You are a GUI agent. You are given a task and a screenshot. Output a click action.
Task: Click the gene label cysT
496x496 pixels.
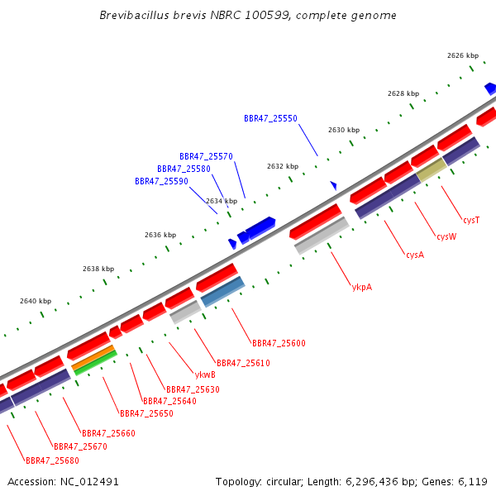[471, 220]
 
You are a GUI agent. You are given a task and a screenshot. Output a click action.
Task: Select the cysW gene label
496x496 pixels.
[446, 236]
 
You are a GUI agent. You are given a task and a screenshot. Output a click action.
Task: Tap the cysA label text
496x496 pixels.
[415, 255]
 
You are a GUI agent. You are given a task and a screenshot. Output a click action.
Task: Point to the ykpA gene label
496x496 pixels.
[362, 287]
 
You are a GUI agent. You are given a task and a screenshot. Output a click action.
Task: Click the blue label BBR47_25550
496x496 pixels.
[270, 118]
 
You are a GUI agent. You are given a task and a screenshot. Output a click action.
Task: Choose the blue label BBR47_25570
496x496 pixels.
[206, 156]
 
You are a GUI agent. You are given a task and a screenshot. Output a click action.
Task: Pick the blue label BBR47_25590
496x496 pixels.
[161, 181]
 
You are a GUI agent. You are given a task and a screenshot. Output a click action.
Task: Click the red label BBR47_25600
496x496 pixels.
[279, 343]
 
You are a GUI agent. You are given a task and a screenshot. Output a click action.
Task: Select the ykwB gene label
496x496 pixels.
[205, 374]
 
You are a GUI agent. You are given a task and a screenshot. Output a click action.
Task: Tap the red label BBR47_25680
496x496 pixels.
[52, 460]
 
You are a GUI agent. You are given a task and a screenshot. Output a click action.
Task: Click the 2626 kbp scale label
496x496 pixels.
[463, 55]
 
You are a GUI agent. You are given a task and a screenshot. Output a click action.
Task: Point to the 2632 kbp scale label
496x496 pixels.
[283, 166]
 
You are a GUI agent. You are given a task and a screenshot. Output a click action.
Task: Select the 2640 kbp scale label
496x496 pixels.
[36, 301]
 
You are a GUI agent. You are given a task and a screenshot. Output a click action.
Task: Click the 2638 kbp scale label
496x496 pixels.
[98, 269]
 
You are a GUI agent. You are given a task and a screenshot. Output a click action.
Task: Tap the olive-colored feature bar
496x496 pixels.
[432, 169]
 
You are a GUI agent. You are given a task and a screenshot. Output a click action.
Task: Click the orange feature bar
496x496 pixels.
[93, 357]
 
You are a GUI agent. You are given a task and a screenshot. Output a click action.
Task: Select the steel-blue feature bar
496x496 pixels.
[222, 292]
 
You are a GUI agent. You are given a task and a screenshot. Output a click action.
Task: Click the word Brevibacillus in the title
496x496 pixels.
[134, 15]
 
